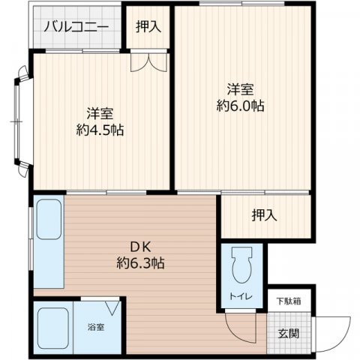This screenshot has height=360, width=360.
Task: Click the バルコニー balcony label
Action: pyautogui.click(x=76, y=28)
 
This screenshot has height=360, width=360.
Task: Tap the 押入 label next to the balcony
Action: pyautogui.click(x=148, y=27)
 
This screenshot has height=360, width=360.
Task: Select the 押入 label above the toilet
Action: pyautogui.click(x=263, y=214)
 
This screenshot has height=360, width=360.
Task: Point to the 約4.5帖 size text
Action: pyautogui.click(x=100, y=130)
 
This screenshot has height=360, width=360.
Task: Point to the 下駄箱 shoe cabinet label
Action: pyautogui.click(x=287, y=301)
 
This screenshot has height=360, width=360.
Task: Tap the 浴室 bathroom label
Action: pyautogui.click(x=96, y=327)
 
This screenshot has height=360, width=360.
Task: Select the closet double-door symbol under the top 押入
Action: pyautogui.click(x=148, y=64)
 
